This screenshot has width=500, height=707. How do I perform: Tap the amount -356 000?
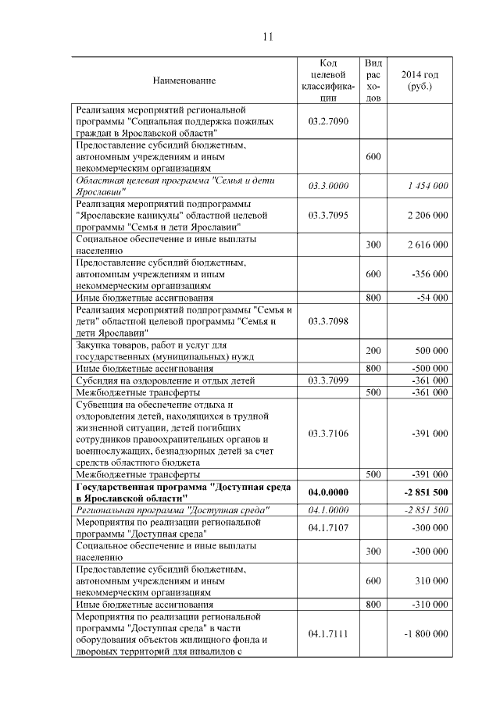pos(428,274)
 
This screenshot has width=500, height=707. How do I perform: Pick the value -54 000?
pos(431,298)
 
